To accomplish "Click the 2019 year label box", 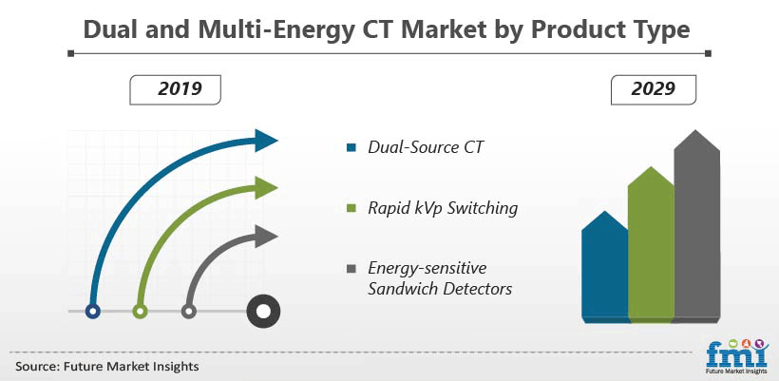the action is tap(175, 90).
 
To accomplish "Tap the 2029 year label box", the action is tap(654, 90).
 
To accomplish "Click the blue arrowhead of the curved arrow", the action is tap(266, 141).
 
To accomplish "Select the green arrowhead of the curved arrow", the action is tap(266, 188).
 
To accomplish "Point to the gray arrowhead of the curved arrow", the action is tap(266, 236).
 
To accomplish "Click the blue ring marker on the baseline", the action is tap(93, 312).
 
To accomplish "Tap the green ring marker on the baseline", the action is tap(140, 312).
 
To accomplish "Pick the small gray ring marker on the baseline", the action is tap(188, 312).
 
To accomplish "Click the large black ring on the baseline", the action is tap(263, 312).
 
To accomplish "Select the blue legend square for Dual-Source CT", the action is tap(351, 147).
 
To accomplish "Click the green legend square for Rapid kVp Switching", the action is tap(351, 208).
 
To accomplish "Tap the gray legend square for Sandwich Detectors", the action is tap(351, 269).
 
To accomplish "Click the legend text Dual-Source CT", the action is tap(426, 147).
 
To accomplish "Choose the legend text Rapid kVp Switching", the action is tap(443, 209).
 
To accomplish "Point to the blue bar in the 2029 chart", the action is tap(604, 267).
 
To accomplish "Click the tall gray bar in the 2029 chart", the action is tap(697, 226).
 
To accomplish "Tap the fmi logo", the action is tap(737, 356).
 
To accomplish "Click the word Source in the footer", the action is tap(36, 367).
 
